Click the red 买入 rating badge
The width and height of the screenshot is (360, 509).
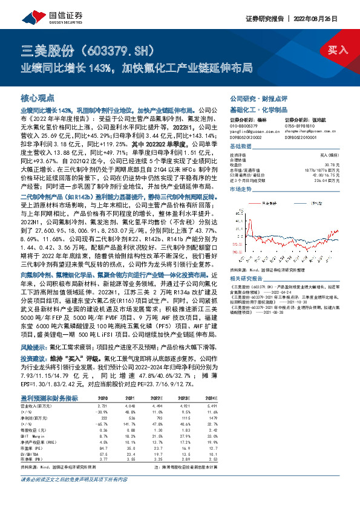338,51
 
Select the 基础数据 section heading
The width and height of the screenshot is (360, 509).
243,148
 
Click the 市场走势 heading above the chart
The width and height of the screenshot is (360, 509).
243,190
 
